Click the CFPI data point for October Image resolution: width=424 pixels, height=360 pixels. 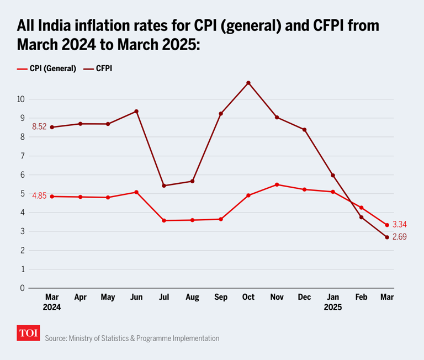pyautogui.click(x=248, y=83)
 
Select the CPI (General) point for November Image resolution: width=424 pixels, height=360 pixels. pyautogui.click(x=277, y=184)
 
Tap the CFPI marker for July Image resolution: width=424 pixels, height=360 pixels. pyautogui.click(x=164, y=186)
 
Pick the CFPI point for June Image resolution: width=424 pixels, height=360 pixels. pyautogui.click(x=136, y=112)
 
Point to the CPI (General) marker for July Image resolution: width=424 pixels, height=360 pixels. pyautogui.click(x=164, y=220)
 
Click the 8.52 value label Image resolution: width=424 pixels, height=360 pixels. pyautogui.click(x=39, y=127)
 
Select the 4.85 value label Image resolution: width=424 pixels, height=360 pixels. pyautogui.click(x=39, y=196)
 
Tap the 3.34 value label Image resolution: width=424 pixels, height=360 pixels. pyautogui.click(x=400, y=225)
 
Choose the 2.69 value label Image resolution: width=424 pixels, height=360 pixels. pyautogui.click(x=400, y=237)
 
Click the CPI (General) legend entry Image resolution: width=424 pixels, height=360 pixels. pyautogui.click(x=47, y=69)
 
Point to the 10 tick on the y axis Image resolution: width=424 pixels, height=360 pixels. pyautogui.click(x=20, y=99)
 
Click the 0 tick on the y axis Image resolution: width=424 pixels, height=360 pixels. pyautogui.click(x=22, y=288)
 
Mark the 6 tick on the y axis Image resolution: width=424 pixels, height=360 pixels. pyautogui.click(x=22, y=175)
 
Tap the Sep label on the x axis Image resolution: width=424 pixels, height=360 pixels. pyautogui.click(x=220, y=298)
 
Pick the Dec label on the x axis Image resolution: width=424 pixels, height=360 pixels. pyautogui.click(x=304, y=298)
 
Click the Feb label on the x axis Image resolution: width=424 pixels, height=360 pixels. pyautogui.click(x=361, y=298)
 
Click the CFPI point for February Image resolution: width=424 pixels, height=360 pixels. pyautogui.click(x=361, y=217)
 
